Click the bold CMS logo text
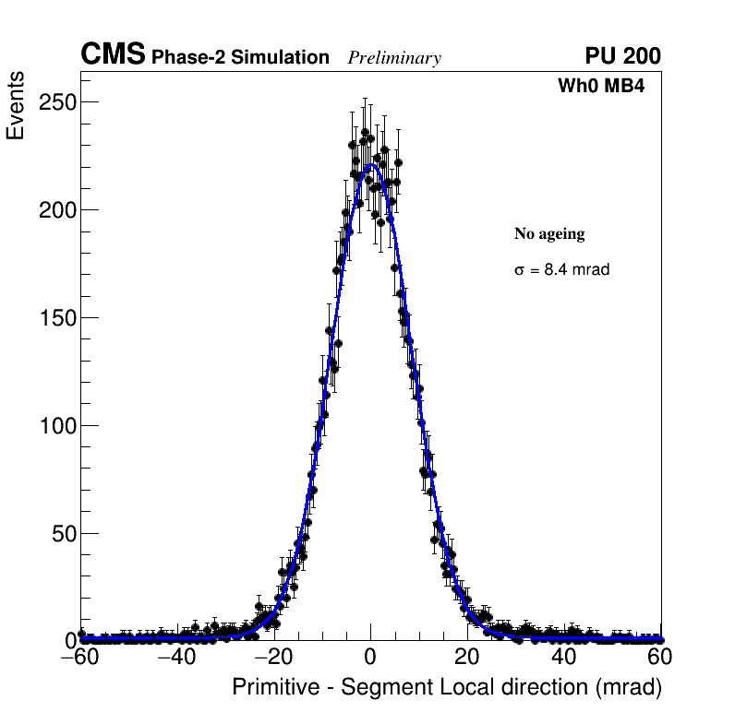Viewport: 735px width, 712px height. click(113, 55)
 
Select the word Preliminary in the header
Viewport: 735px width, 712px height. click(394, 58)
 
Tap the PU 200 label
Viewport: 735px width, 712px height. click(623, 56)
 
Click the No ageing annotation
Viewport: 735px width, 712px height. click(549, 234)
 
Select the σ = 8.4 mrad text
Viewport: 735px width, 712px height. click(561, 270)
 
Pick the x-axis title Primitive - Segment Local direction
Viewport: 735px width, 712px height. click(447, 688)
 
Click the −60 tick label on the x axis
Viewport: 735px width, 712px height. click(80, 659)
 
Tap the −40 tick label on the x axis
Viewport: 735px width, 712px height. click(177, 659)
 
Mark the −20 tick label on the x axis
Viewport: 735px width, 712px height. click(274, 659)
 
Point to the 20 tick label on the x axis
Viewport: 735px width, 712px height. click(467, 659)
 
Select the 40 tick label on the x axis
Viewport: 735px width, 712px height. click(564, 659)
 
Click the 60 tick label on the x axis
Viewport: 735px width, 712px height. click(660, 659)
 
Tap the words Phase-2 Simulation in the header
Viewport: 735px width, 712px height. click(240, 58)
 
